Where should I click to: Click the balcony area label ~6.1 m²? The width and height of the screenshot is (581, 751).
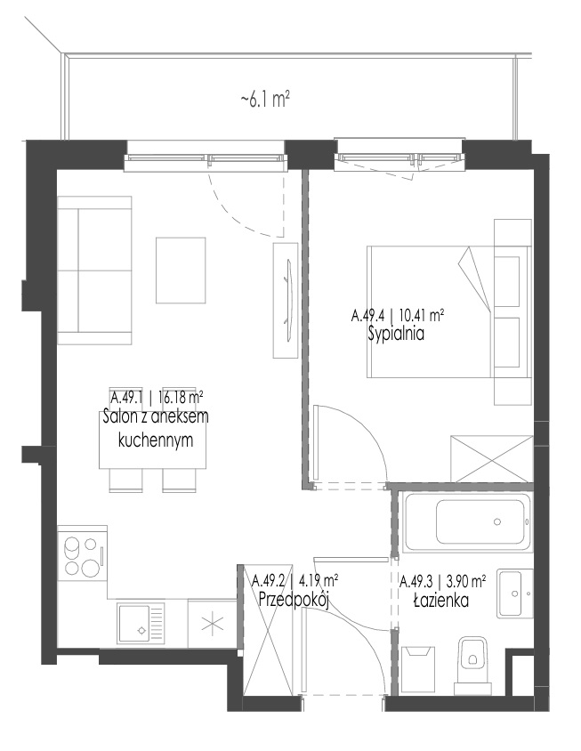tap(265, 100)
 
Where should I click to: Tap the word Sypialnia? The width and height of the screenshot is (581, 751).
tap(396, 334)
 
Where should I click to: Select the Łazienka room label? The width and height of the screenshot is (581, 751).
tap(441, 600)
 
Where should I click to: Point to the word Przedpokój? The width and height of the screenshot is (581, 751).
tap(294, 600)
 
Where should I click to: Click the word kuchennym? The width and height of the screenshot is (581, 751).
tap(156, 440)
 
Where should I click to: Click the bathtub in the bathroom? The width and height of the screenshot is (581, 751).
tap(467, 522)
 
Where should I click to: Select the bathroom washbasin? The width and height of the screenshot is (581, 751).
tap(515, 594)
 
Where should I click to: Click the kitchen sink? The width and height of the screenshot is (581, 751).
tap(141, 623)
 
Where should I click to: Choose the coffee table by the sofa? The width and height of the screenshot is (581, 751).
tap(181, 271)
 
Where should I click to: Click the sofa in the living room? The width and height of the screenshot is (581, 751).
tap(95, 271)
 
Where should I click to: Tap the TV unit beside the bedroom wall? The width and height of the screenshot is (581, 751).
tap(286, 300)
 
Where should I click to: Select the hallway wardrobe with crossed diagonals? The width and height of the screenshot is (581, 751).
tap(266, 630)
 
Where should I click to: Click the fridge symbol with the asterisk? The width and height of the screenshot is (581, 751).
tap(212, 624)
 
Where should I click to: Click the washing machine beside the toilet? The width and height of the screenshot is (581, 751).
tap(418, 669)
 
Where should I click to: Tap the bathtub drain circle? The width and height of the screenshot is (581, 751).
tap(497, 522)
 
